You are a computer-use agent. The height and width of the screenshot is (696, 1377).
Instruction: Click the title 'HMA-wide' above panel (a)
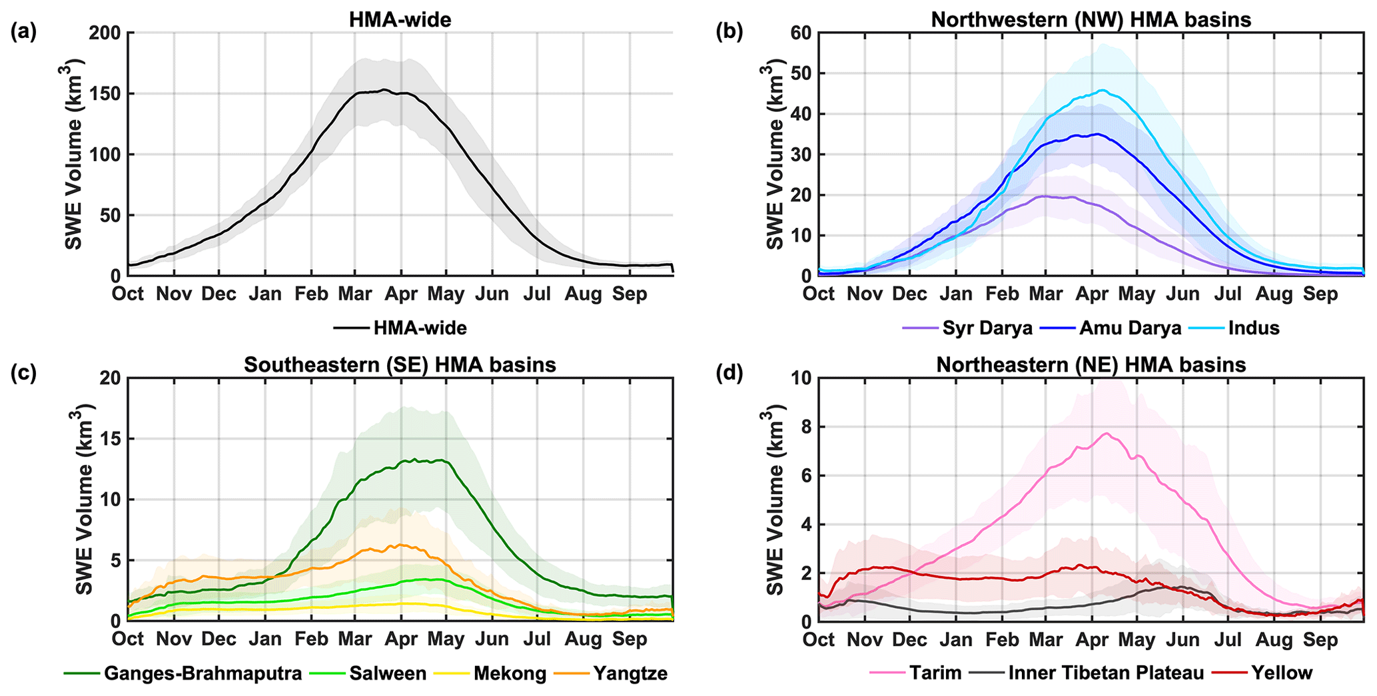point(400,20)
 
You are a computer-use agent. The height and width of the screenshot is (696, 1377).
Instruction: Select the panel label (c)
point(24,373)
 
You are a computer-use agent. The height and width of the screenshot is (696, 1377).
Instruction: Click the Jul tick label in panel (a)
point(537,294)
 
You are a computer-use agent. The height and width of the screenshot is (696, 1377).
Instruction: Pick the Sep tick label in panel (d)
point(1320,639)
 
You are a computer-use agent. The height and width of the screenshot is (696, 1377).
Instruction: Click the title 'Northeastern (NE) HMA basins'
point(1091,365)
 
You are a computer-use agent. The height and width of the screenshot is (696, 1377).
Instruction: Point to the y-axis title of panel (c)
point(84,500)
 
